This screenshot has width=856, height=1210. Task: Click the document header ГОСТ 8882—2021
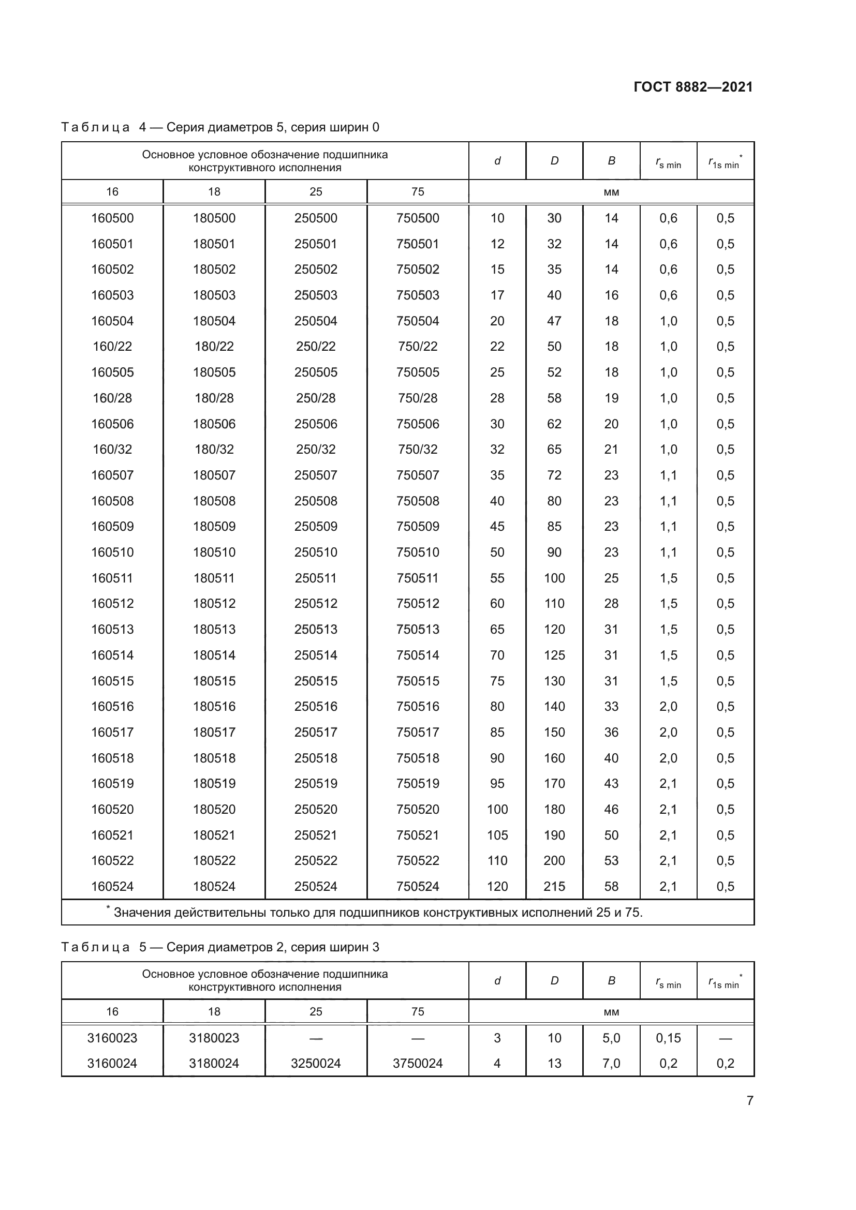coord(692,87)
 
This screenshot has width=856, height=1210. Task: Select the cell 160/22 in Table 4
coord(112,346)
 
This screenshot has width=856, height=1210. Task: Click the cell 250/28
coord(316,398)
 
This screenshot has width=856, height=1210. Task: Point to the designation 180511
coord(214,578)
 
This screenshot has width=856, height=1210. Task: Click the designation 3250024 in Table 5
coord(316,1063)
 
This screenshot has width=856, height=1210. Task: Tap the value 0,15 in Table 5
coord(668,1038)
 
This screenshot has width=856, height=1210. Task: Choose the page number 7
coord(749,1100)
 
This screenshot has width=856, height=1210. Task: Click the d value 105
coord(497,835)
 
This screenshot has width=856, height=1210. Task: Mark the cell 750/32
coord(418,449)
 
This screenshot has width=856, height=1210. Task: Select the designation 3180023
coord(214,1038)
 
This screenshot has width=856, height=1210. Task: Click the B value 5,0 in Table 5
coord(611,1038)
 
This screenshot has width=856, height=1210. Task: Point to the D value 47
coord(554,321)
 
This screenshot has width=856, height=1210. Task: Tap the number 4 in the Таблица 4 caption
coord(143,127)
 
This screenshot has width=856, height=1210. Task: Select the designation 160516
coord(112,706)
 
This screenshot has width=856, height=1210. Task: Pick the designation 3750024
coord(418,1063)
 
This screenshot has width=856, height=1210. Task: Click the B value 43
coord(611,783)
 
